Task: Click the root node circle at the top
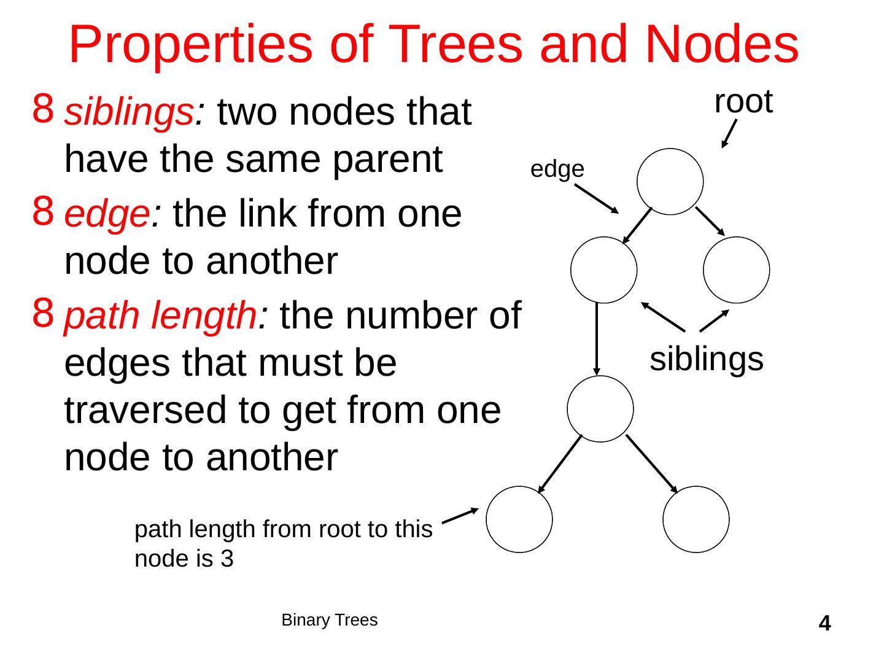[670, 182]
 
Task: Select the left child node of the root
[603, 270]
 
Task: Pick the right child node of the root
[736, 270]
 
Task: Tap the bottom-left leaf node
[519, 519]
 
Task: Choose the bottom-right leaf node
[696, 519]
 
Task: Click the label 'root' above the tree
[743, 102]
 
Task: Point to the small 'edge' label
[557, 169]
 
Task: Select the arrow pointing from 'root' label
[729, 134]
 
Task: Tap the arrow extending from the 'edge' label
[597, 199]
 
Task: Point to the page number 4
[825, 624]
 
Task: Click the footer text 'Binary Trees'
[329, 620]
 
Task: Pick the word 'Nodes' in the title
[722, 44]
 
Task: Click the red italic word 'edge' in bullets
[108, 215]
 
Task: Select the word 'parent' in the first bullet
[389, 159]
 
